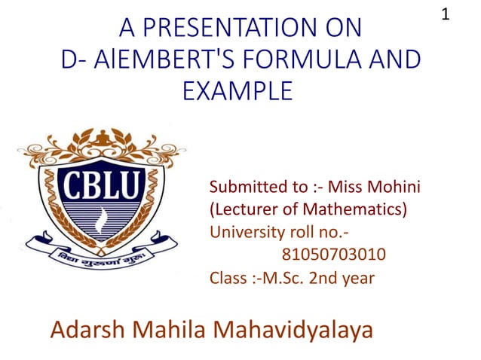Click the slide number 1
point(446,14)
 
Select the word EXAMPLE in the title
point(237,91)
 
